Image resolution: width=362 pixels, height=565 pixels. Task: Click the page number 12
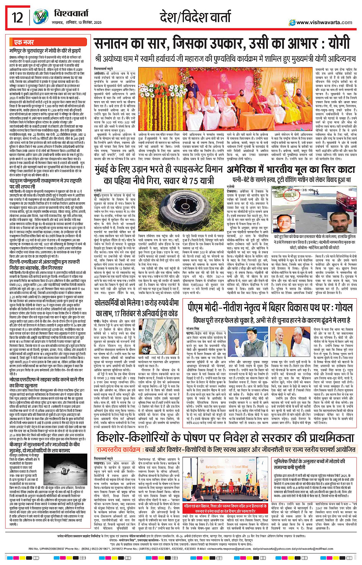click(17, 18)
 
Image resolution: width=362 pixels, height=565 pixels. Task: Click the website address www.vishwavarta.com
click(324, 23)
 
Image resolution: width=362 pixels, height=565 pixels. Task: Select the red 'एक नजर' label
click(24, 42)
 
